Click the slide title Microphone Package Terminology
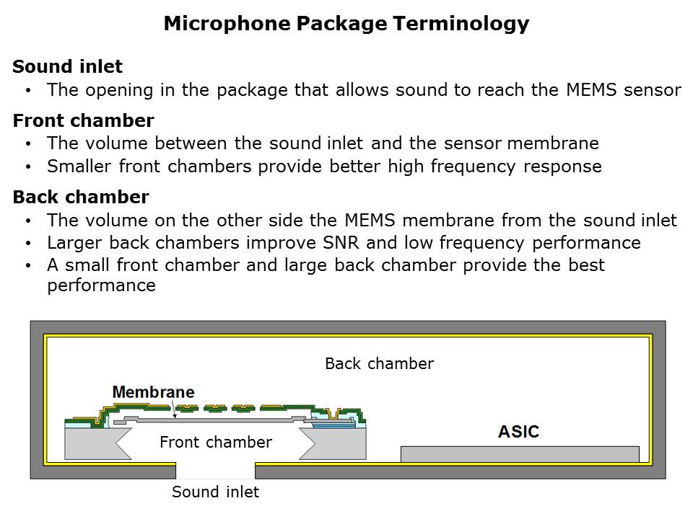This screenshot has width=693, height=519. [x=346, y=24]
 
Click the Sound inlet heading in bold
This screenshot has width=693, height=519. [x=68, y=67]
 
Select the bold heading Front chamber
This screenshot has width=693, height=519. [x=83, y=120]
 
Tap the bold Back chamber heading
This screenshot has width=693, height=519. [x=81, y=197]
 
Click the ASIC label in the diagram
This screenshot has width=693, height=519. [x=518, y=432]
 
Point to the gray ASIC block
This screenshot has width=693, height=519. [x=520, y=453]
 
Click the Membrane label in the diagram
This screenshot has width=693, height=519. [x=153, y=392]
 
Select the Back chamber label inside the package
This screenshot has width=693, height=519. [x=379, y=363]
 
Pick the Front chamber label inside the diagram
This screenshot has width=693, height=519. [x=215, y=442]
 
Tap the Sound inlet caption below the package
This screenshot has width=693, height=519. [x=215, y=492]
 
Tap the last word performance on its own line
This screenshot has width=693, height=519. [x=101, y=285]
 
